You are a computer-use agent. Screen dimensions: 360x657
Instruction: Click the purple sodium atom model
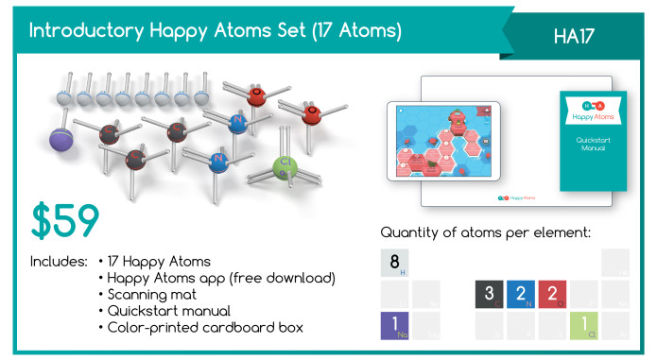64,138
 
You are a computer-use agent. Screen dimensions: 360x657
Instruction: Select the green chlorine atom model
285,167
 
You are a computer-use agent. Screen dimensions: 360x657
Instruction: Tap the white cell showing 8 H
394,263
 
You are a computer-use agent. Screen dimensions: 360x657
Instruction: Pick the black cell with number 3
489,294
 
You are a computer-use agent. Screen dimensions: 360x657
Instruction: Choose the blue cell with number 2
521,294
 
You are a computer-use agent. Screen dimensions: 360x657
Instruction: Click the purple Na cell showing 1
394,325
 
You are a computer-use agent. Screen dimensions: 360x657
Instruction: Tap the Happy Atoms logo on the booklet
592,109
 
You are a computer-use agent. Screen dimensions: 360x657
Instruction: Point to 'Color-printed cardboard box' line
200,327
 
